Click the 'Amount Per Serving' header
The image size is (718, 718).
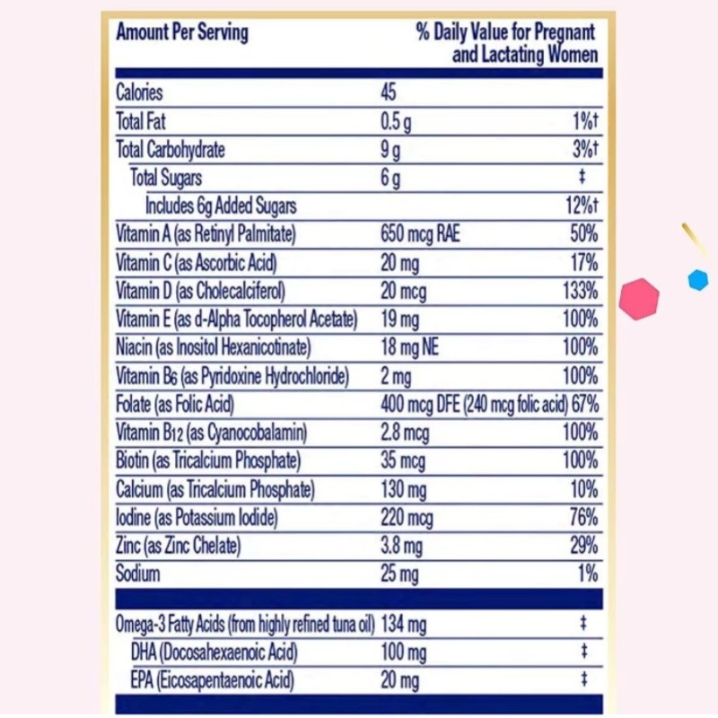tap(182, 33)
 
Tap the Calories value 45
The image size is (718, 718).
tap(388, 92)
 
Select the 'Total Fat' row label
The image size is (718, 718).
tap(141, 121)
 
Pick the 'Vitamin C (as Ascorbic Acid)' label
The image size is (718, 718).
tap(197, 263)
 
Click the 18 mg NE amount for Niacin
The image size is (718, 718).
tap(410, 347)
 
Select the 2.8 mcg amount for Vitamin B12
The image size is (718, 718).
tap(405, 433)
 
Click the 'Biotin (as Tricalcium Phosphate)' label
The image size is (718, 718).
tap(208, 461)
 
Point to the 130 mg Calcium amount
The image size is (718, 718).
tap(404, 490)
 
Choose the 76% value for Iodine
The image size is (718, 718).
tap(582, 518)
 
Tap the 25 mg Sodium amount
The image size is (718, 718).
tap(399, 574)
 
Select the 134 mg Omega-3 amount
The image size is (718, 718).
tap(404, 623)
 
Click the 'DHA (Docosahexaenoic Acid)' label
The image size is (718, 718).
tap(214, 652)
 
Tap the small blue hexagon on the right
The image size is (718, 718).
tap(698, 280)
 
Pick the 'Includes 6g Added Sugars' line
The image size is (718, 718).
tap(221, 206)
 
